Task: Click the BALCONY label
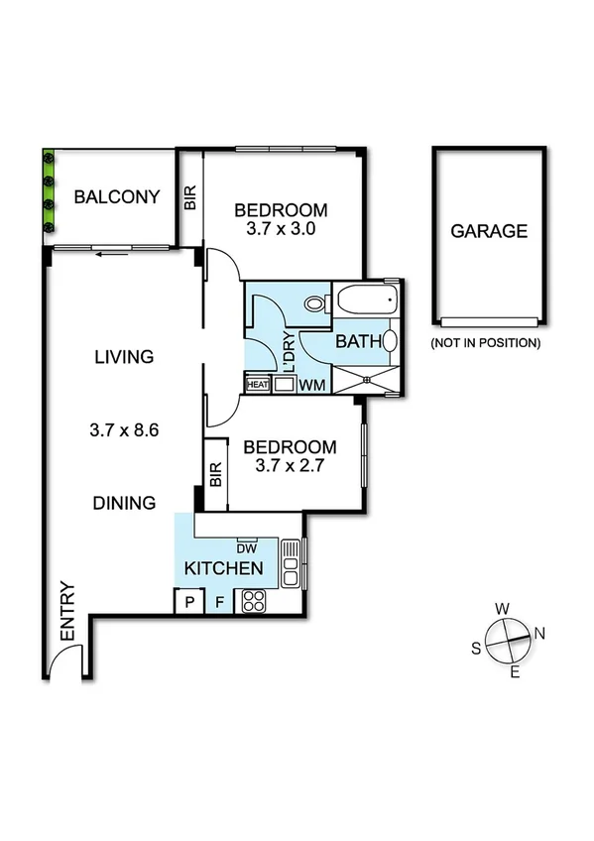117,196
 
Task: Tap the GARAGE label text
489,231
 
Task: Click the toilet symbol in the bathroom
317,304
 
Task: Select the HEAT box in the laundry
258,384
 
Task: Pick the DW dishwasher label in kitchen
247,546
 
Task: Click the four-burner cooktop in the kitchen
252,600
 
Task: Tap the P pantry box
186,601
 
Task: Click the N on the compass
540,632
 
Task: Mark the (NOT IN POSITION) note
485,343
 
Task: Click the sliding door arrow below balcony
108,253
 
